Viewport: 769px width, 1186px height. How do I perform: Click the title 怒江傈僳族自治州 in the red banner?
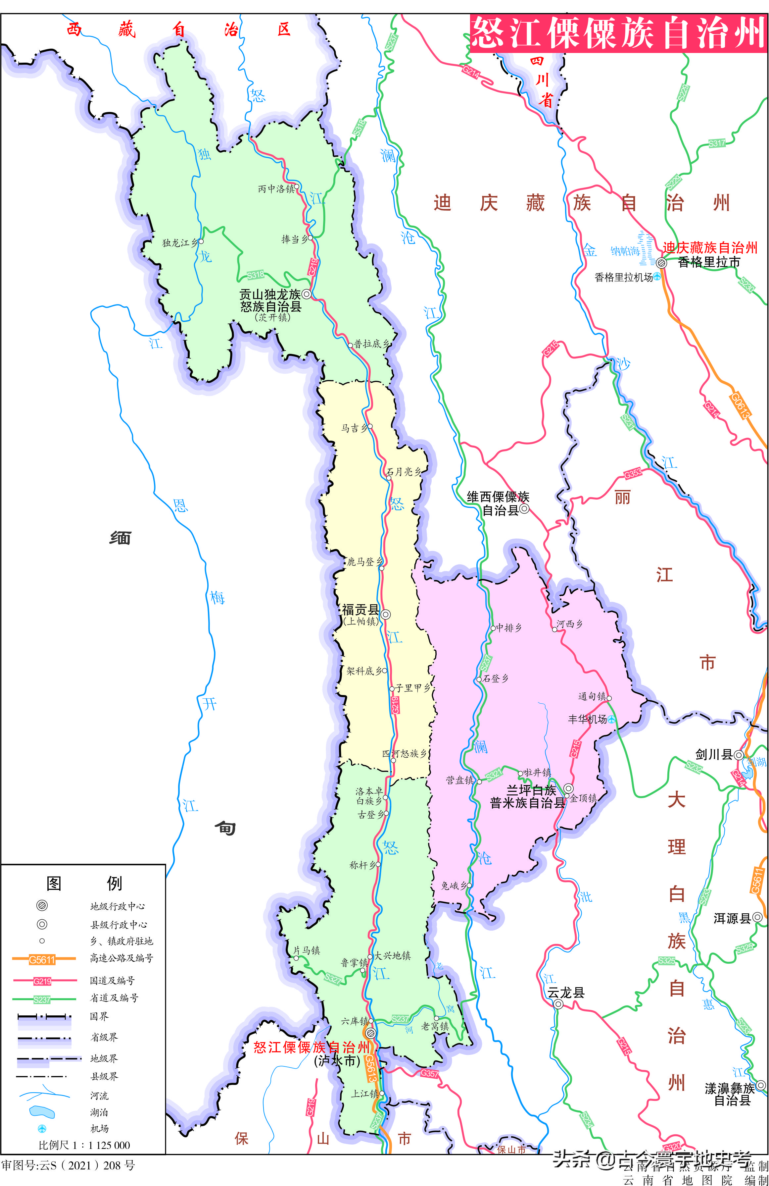click(618, 33)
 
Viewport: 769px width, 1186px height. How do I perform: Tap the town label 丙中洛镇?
click(276, 189)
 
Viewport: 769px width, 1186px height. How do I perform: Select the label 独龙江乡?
click(180, 243)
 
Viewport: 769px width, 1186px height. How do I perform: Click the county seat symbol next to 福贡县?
click(386, 615)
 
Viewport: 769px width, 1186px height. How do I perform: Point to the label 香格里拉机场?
click(624, 278)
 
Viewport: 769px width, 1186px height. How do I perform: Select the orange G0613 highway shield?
click(740, 406)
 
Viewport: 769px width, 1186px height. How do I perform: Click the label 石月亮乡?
click(404, 471)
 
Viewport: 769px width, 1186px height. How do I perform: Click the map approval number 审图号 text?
click(68, 1165)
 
